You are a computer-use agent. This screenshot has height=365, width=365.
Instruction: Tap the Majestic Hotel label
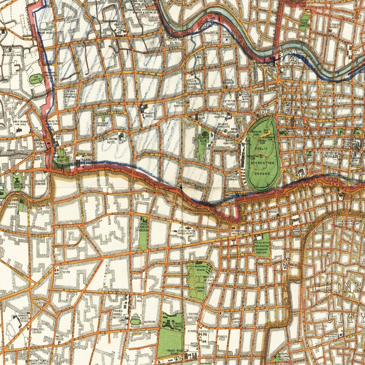pyautogui.click(x=150, y=115)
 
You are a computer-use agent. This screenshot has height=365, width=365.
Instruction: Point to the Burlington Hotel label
pyautogui.click(x=110, y=140)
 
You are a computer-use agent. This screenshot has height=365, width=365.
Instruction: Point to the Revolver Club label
pyautogui.click(x=38, y=207)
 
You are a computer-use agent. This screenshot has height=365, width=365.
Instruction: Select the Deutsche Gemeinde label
pyautogui.click(x=40, y=183)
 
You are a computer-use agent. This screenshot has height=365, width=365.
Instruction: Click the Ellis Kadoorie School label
pyautogui.click(x=192, y=84)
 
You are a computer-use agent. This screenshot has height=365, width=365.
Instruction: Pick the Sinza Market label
pyautogui.click(x=229, y=81)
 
